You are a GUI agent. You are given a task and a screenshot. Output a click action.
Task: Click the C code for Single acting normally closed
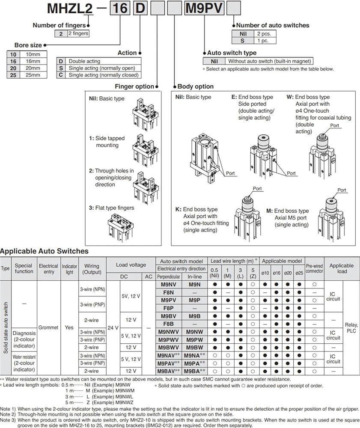[x=61, y=75]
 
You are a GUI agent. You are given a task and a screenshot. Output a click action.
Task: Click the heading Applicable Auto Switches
[x=45, y=251]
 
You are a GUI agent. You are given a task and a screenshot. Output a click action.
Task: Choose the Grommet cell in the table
[x=48, y=327]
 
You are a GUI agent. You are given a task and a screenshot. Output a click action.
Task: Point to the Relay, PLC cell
[x=351, y=327]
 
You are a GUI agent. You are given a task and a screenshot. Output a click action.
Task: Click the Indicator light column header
[x=69, y=269]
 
